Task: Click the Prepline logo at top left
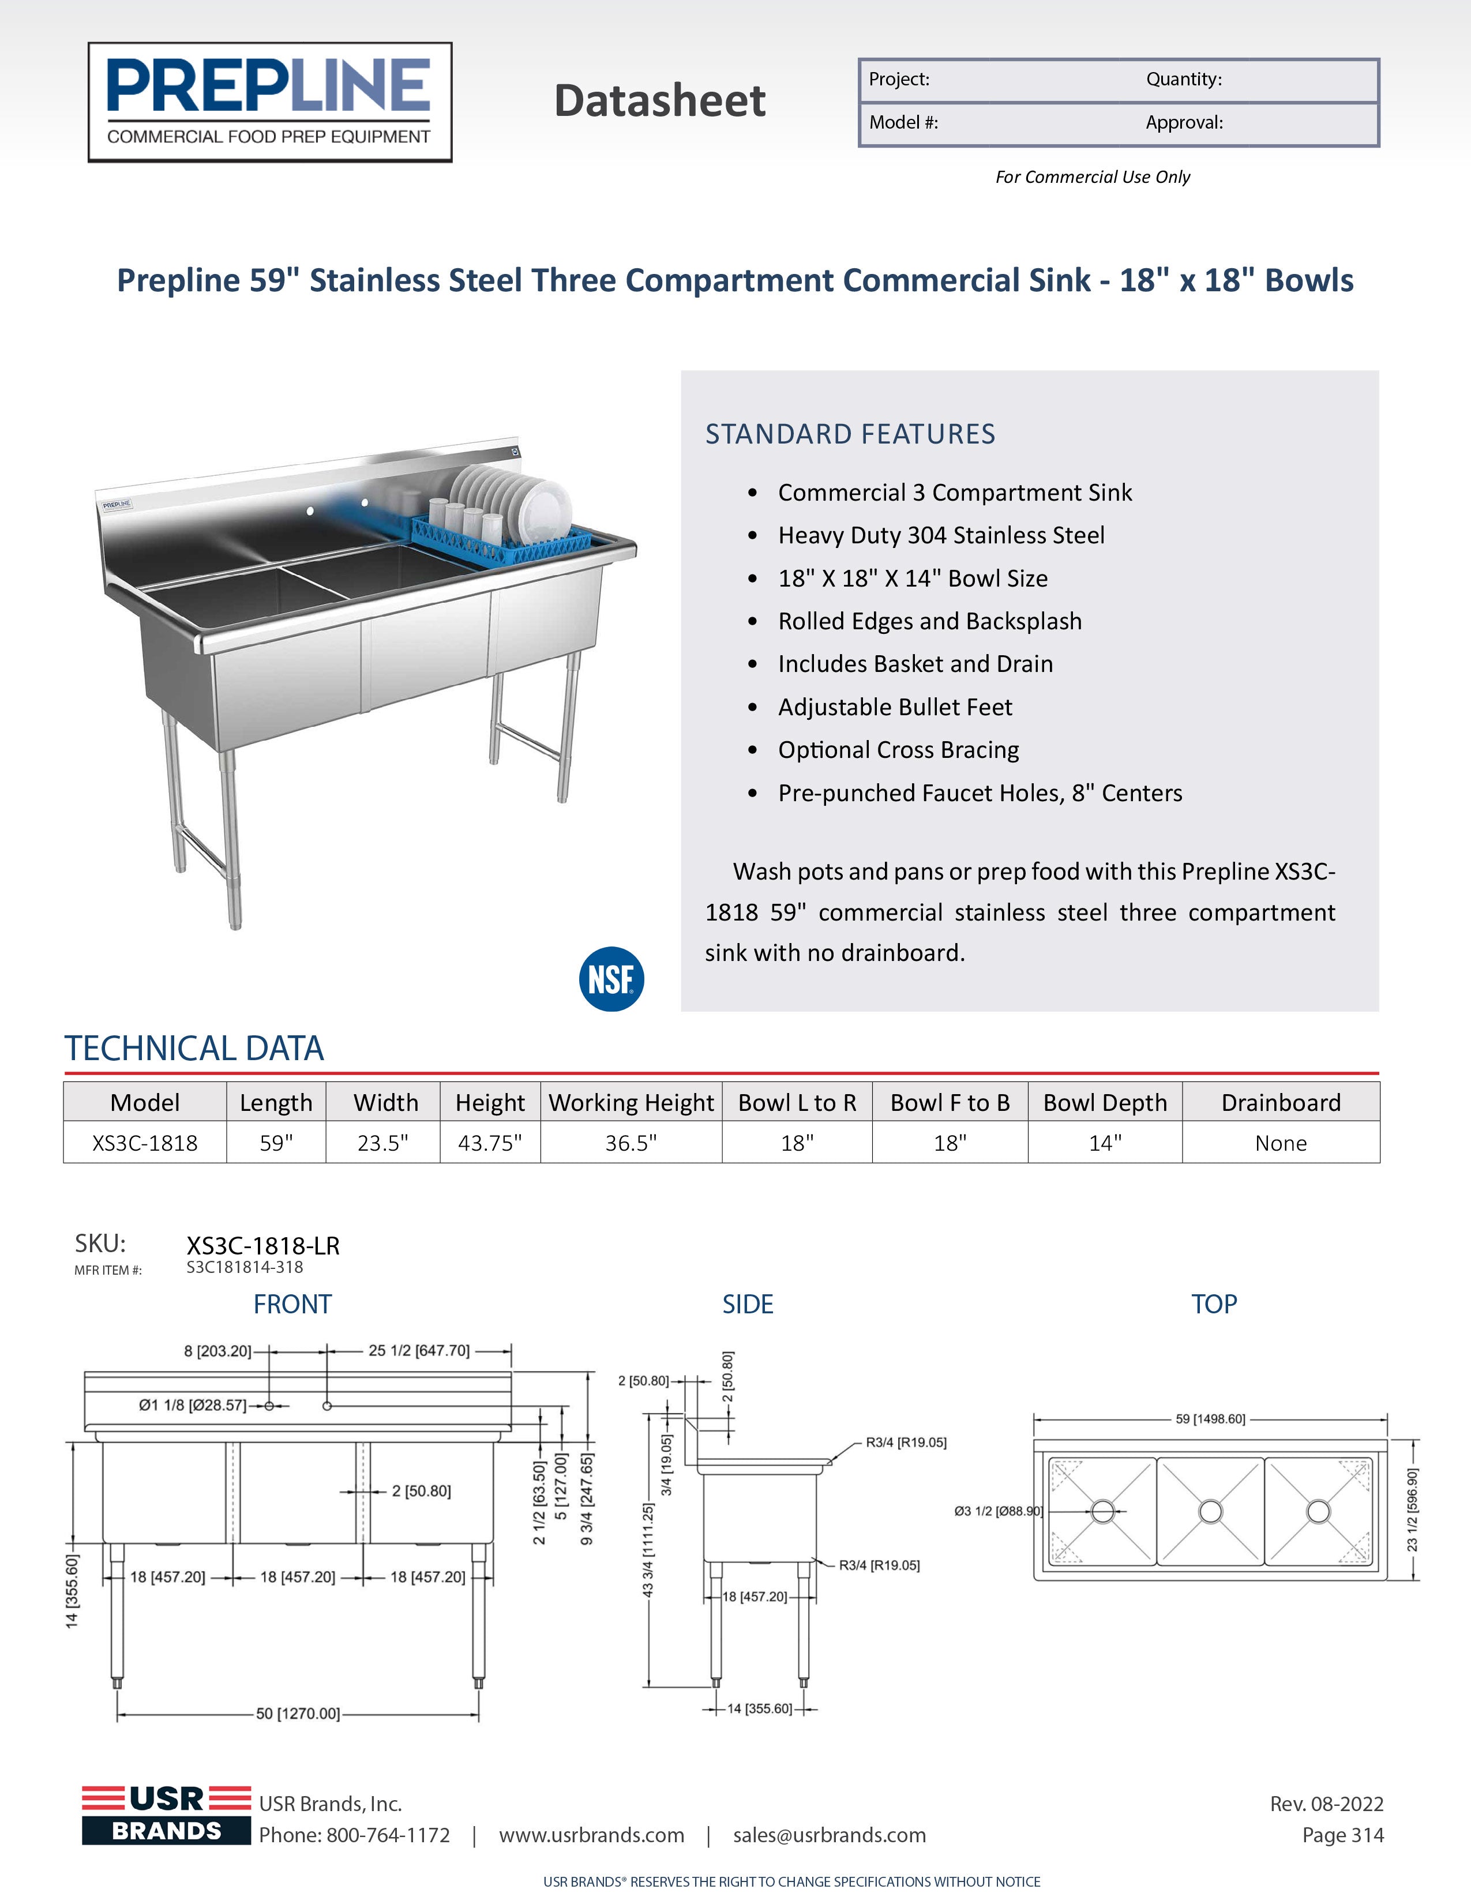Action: (269, 102)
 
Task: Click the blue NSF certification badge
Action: (611, 979)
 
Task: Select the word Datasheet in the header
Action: (660, 100)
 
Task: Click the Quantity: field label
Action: (1183, 80)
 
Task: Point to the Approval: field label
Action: (1184, 122)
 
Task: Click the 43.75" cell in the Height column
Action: (490, 1143)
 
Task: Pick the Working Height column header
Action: (631, 1102)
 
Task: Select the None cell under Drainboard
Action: (1280, 1143)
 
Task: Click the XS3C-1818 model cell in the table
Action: (145, 1143)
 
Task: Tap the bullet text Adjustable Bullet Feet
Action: (895, 707)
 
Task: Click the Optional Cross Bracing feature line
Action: (898, 750)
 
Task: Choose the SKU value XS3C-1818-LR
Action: (262, 1245)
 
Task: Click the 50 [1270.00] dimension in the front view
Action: (297, 1714)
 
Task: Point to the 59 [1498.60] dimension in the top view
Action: (1210, 1419)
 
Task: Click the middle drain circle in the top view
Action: (1210, 1512)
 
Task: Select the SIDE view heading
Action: (747, 1305)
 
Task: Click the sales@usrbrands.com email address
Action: (830, 1835)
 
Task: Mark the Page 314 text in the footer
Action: (1343, 1835)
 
